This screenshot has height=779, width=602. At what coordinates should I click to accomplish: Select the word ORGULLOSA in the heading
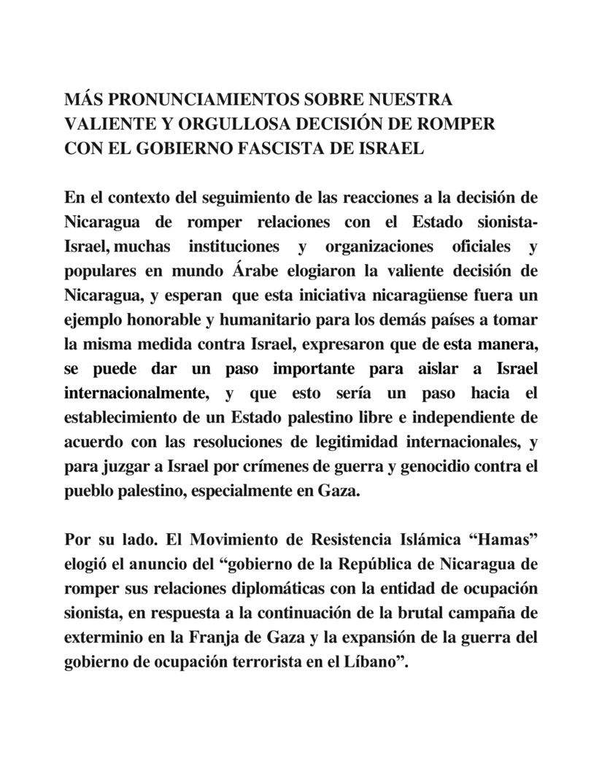(x=216, y=123)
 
